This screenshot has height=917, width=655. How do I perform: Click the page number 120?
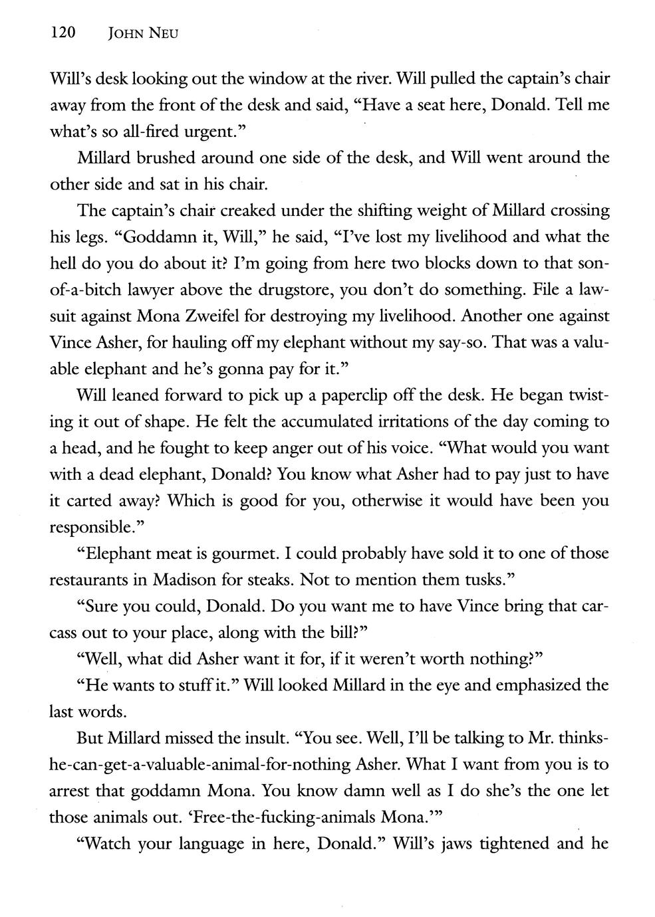pos(65,33)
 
